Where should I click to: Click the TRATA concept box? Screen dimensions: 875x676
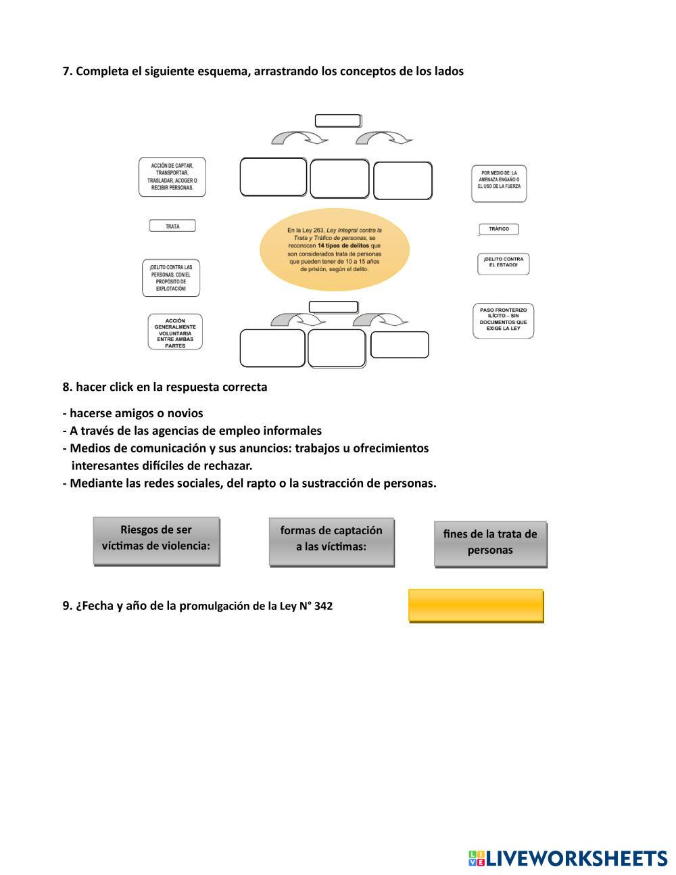click(172, 226)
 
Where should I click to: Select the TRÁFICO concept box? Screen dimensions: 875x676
click(499, 229)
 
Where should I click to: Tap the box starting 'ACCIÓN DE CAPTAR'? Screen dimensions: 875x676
click(172, 177)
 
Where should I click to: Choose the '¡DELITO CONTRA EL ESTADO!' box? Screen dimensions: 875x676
click(503, 264)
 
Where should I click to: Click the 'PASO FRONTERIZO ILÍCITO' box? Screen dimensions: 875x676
click(503, 321)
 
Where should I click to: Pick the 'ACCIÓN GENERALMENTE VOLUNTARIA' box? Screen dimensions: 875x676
click(175, 332)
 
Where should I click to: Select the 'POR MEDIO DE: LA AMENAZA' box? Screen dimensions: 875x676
click(499, 183)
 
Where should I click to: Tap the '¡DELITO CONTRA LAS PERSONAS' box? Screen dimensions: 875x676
click(171, 278)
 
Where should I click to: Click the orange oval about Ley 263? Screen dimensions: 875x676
click(335, 250)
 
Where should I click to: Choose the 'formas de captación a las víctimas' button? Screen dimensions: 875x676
click(331, 542)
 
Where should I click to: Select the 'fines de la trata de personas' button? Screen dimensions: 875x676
click(490, 544)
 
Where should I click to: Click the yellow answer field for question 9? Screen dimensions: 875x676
click(476, 605)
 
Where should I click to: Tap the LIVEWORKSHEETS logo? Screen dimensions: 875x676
click(568, 858)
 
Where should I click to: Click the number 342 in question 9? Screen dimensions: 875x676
click(323, 607)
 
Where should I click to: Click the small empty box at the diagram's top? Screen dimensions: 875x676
click(338, 121)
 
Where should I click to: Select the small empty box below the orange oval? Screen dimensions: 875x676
click(333, 307)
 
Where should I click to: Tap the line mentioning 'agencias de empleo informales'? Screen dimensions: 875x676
click(193, 431)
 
